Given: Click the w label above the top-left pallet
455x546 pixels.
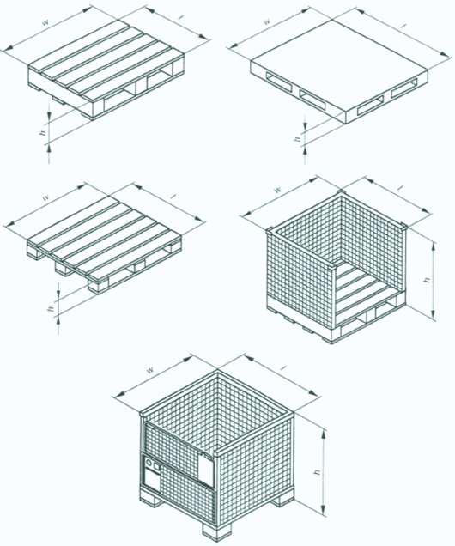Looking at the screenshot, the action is pos(45,22).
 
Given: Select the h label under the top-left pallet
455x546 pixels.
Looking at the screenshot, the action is pos(44,132).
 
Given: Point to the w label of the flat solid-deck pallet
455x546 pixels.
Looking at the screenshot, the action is pos(266,21).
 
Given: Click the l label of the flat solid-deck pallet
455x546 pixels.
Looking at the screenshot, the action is pos(403,27).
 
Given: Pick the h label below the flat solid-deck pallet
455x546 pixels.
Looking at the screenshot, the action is pos(297,138).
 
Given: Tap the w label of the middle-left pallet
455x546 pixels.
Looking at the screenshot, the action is pos(45,197).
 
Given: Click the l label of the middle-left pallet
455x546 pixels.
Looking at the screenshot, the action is pos(173,197).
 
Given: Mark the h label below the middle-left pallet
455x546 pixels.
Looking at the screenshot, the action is pos(53,308).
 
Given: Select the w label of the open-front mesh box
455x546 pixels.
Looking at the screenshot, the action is pos(277,190).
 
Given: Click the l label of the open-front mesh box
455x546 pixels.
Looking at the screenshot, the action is pos(400,188).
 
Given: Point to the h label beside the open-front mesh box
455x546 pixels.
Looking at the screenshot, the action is pos(428,280).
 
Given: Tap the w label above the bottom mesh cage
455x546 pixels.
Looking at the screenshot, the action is pos(150,370).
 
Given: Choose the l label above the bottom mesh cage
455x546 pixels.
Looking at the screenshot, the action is pos(283,367).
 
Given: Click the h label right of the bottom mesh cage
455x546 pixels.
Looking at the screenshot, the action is pos(318,471).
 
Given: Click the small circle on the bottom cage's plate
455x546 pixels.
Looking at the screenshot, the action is pos(150,464).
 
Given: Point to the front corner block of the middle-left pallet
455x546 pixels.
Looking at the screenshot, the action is pos(98,285).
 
